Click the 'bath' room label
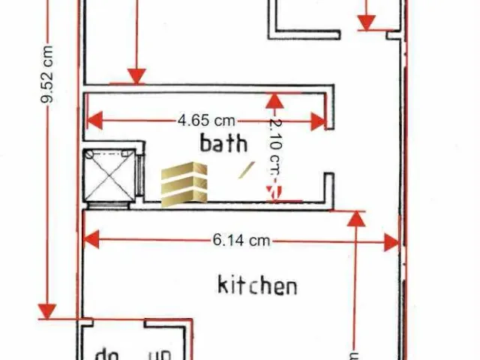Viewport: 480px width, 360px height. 223,142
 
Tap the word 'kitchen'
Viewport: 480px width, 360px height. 257,285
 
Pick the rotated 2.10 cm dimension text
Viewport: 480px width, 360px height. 275,147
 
